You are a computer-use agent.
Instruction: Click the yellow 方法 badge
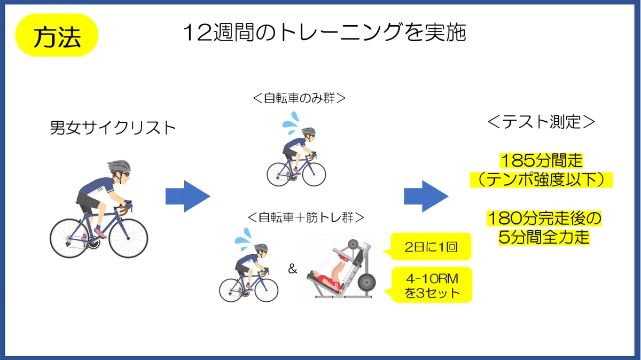[x=57, y=35]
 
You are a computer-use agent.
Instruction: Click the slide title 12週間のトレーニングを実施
[x=325, y=33]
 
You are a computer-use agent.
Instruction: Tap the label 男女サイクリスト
[x=113, y=128]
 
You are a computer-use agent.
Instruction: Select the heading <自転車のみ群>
[x=299, y=98]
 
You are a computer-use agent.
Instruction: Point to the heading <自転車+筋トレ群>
[x=306, y=217]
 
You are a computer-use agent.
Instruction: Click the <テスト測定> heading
[x=541, y=122]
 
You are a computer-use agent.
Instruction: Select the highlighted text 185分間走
[x=542, y=161]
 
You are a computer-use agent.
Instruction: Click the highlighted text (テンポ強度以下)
[x=541, y=179]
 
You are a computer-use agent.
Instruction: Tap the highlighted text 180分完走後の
[x=544, y=218]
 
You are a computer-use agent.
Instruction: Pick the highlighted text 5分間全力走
[x=544, y=237]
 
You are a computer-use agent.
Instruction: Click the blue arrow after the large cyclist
[x=188, y=197]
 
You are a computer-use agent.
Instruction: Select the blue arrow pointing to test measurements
[x=426, y=197]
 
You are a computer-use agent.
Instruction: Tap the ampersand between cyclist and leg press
[x=293, y=269]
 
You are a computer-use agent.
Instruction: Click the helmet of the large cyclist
[x=119, y=166]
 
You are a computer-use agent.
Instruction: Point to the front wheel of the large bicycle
[x=128, y=238]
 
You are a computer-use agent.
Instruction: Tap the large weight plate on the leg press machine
[x=366, y=283]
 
